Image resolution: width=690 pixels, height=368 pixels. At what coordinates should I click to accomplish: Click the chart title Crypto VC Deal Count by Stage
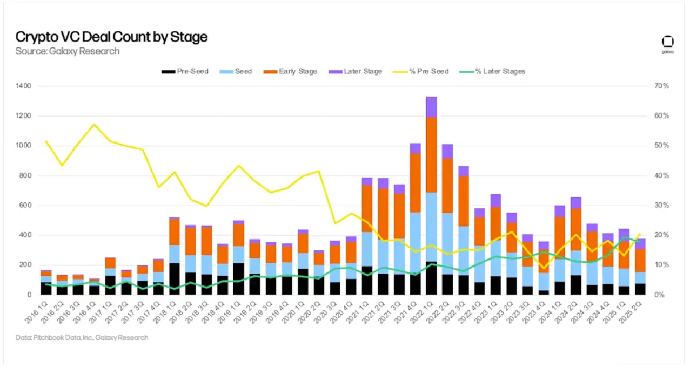[111, 37]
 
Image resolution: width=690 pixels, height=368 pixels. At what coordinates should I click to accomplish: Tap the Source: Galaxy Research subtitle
[68, 51]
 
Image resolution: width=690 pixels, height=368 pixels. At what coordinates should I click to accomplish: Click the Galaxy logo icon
[668, 43]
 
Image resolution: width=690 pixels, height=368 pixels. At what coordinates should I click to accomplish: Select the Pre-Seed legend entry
[185, 71]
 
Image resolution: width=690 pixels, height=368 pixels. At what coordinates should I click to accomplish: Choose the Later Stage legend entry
[356, 71]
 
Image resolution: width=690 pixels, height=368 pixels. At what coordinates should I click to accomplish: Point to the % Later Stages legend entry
[493, 71]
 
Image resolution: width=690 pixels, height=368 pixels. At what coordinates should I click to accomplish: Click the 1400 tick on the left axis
[24, 86]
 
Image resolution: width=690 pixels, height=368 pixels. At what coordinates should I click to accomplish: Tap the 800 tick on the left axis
[25, 175]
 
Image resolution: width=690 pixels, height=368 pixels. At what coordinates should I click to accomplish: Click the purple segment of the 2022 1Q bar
[431, 107]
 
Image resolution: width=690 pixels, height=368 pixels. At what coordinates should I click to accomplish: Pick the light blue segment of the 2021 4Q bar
[415, 243]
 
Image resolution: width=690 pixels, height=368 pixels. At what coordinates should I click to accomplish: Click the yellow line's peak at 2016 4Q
[95, 124]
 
